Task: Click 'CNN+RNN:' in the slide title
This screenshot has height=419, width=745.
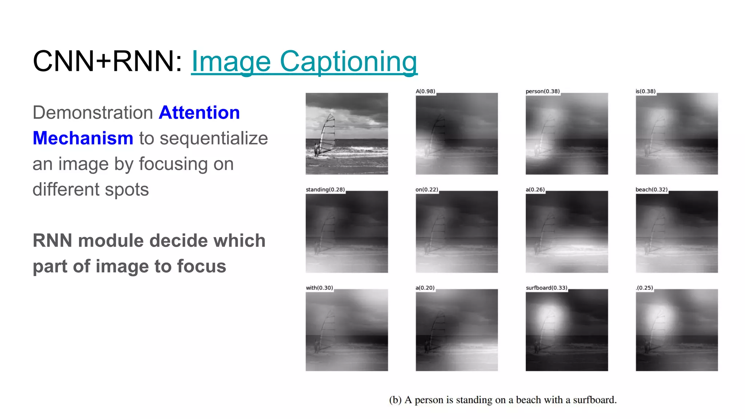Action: click(x=107, y=61)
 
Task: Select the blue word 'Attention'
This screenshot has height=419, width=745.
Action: click(x=199, y=112)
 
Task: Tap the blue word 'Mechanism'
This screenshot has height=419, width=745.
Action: click(x=83, y=138)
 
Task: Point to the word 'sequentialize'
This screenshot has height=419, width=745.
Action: click(x=214, y=138)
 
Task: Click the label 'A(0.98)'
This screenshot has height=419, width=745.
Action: click(x=425, y=91)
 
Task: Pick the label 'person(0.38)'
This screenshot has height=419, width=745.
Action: click(x=542, y=91)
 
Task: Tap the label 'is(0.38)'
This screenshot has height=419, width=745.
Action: click(x=645, y=91)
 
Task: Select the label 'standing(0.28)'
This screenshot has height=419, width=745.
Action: click(x=325, y=189)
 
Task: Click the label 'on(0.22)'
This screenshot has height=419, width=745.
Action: click(x=427, y=189)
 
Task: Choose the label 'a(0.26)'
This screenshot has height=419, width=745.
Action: click(x=535, y=189)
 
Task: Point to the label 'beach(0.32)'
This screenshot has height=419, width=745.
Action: click(x=652, y=189)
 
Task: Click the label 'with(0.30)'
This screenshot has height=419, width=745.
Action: click(x=319, y=288)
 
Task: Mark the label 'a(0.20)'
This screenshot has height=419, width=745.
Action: click(x=425, y=288)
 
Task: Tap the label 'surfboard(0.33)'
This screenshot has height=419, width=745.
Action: click(x=546, y=288)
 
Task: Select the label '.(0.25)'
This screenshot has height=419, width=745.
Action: click(x=644, y=288)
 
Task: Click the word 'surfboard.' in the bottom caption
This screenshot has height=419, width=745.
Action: click(x=595, y=400)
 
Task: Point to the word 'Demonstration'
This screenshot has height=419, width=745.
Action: click(x=92, y=112)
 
